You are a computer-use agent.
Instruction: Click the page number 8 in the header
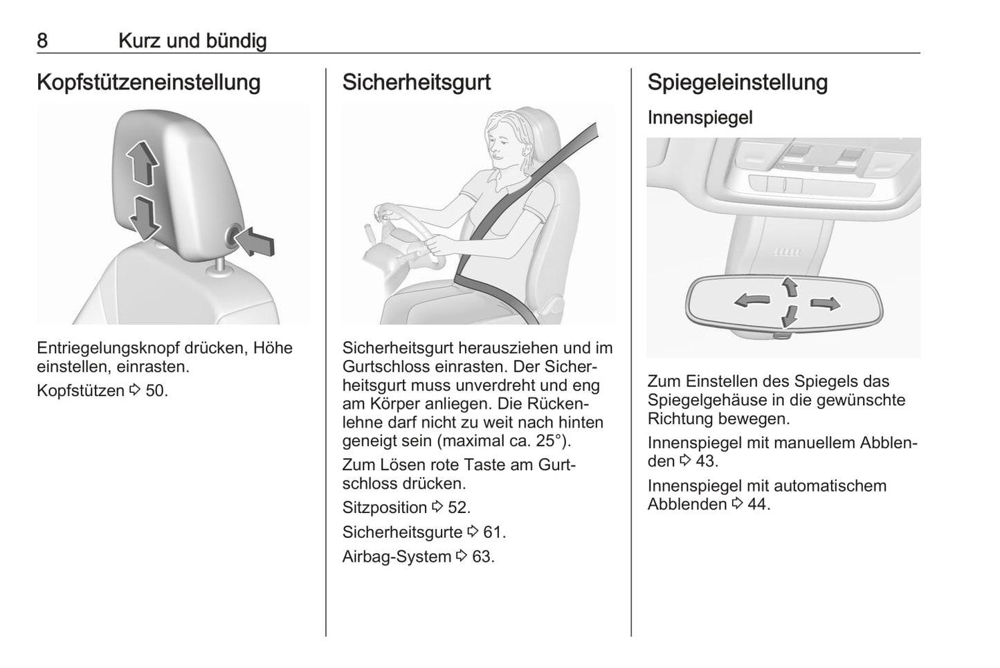pos(42,41)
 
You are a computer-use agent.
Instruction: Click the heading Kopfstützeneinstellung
pos(149,82)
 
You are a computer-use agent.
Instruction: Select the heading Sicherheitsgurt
pos(417,82)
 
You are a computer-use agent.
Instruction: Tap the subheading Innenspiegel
pos(700,118)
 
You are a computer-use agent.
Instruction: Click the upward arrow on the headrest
pos(143,163)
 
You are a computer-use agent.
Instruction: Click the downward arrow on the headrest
pos(145,218)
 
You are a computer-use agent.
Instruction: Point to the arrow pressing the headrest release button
pos(255,241)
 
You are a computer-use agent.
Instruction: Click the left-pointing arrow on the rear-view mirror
pos(752,300)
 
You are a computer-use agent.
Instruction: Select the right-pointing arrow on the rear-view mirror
pos(826,304)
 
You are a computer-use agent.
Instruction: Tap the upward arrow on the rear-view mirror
pos(790,286)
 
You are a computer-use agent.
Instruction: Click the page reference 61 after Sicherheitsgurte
pos(493,532)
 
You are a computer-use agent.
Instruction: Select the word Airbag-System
pos(397,557)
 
